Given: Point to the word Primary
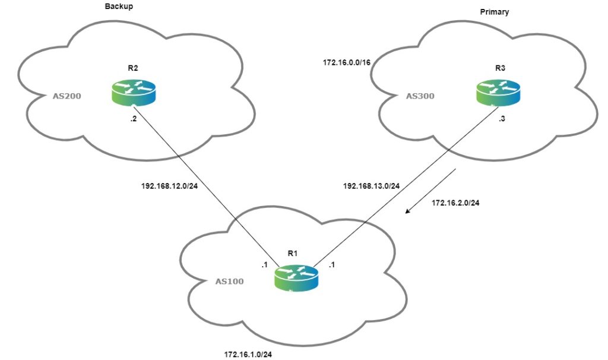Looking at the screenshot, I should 495,12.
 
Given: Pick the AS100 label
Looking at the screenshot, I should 230,280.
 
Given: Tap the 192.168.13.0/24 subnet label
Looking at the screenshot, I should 372,185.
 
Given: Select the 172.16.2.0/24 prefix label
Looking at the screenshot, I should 455,203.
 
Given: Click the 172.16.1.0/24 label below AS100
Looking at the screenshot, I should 248,354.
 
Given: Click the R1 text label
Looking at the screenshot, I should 292,253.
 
